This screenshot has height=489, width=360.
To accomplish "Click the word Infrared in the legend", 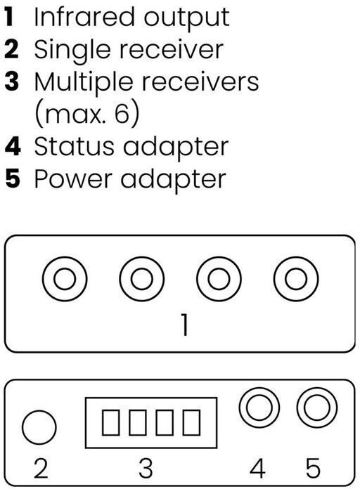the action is coord(84,17).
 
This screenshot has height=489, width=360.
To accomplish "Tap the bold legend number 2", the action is coord(11,49).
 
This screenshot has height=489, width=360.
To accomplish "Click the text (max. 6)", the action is coord(87,113).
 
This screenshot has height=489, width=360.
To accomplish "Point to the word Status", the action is coord(75,146).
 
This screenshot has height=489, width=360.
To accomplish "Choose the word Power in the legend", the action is coord(73,179).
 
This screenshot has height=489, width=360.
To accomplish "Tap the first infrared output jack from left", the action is coord(65,279).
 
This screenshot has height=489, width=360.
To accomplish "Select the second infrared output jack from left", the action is coord(142,279).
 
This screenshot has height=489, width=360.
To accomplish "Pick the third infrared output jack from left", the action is coord(219,279).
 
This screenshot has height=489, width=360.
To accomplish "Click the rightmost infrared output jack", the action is coord(296,279).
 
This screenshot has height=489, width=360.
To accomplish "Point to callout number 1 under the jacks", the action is coord(185,325).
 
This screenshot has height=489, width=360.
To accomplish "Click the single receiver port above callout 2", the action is coord(39,427).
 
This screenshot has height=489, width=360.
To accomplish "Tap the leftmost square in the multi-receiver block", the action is coord(110,422).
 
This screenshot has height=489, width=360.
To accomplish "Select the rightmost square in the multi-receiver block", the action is coord(191,422).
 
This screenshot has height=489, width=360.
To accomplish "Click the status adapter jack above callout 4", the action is coord(259,407).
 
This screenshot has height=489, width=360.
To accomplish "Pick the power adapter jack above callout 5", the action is coord(317,407).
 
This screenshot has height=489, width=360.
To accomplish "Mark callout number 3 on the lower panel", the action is coord(146,468).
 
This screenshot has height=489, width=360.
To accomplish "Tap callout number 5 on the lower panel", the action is coord(313,468).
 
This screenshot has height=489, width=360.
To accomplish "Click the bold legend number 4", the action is coord(13,146).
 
